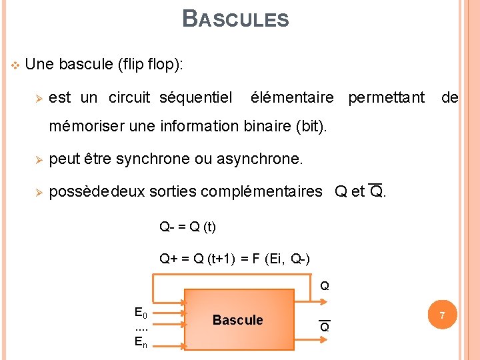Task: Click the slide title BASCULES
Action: pyautogui.click(x=235, y=19)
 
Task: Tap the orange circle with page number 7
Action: pyautogui.click(x=441, y=314)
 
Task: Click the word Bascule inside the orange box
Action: pyautogui.click(x=237, y=320)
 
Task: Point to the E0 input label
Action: pyautogui.click(x=141, y=313)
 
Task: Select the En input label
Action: pyautogui.click(x=141, y=343)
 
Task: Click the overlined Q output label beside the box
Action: pyautogui.click(x=325, y=327)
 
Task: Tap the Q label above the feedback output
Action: pyautogui.click(x=325, y=287)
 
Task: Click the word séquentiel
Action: pyautogui.click(x=196, y=98)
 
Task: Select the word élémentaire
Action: pyautogui.click(x=292, y=98)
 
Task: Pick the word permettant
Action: pyautogui.click(x=386, y=98)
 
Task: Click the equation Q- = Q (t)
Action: pyautogui.click(x=187, y=227)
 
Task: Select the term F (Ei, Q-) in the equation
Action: pyautogui.click(x=280, y=259)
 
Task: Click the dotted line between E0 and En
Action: pyautogui.click(x=141, y=328)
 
